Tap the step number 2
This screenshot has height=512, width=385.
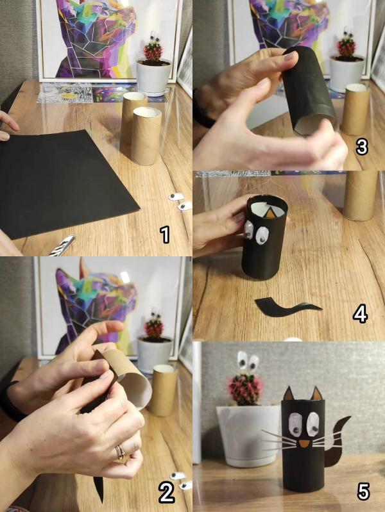pyautogui.click(x=167, y=493)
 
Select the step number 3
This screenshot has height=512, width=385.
pyautogui.click(x=362, y=147)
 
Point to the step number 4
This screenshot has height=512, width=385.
pyautogui.click(x=360, y=314)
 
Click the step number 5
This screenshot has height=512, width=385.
pyautogui.click(x=363, y=491)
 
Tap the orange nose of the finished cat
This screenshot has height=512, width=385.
pyautogui.click(x=304, y=444)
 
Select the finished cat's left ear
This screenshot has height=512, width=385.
pyautogui.click(x=288, y=393)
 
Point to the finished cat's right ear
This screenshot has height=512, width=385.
pyautogui.click(x=316, y=393)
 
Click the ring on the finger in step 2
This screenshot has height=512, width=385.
pyautogui.click(x=121, y=452)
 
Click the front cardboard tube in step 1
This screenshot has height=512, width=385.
pyautogui.click(x=146, y=136)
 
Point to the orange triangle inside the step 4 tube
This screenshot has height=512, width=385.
pyautogui.click(x=271, y=213)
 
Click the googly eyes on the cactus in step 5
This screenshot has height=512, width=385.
pyautogui.click(x=248, y=361)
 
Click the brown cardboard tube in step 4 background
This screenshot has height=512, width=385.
pyautogui.click(x=360, y=195)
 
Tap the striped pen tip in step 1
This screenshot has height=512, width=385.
pyautogui.click(x=63, y=245)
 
